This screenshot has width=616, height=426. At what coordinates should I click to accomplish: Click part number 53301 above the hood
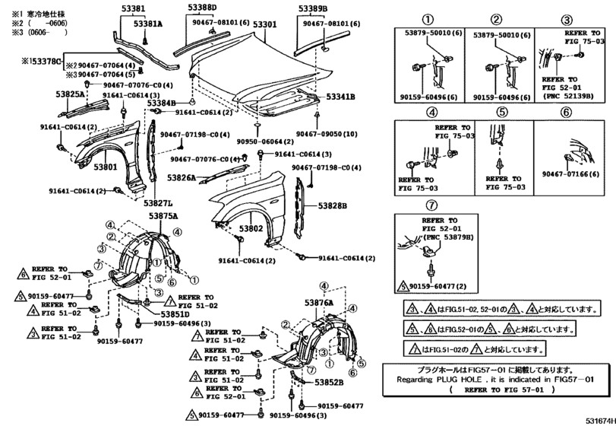tap(265, 24)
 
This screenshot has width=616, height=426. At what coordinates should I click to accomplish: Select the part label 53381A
tap(149, 24)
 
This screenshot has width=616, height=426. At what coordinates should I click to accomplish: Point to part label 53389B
tap(312, 8)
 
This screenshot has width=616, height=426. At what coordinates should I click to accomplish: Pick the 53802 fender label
tap(250, 227)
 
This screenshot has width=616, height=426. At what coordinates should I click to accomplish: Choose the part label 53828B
tap(333, 205)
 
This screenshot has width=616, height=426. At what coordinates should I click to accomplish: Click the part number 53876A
tap(319, 303)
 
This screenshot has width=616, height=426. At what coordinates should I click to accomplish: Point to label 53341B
tap(341, 97)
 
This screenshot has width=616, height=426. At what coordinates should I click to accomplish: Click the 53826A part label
tap(182, 177)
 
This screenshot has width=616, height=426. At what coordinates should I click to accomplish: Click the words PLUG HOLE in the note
tap(457, 377)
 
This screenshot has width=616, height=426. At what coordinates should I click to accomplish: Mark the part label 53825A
tap(70, 94)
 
